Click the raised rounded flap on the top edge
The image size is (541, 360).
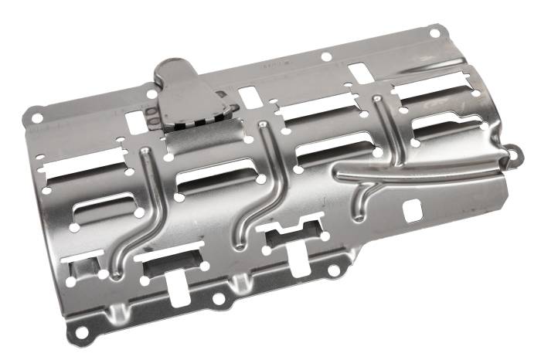coord(179,77)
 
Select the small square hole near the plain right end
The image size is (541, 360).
coord(413,208)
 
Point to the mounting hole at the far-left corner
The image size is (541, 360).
coord(36,118)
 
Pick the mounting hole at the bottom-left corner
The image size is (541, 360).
coord(78,332)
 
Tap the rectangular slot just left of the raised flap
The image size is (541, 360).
coord(136,122)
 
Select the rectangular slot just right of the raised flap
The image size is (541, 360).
coord(249,97)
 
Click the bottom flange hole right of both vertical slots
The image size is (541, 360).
coord(333,272)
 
